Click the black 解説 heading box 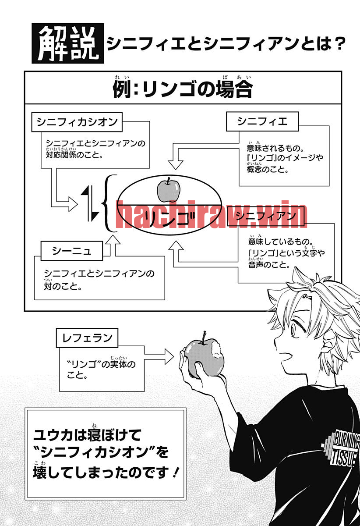click(68, 43)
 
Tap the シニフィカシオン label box click(77, 122)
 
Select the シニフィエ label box click(262, 121)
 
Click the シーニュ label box click(71, 251)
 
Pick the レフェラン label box click(87, 338)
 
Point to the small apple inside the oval click(169, 190)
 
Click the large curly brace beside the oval click(109, 203)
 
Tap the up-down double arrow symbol click(90, 203)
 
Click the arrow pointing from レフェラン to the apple click(159, 357)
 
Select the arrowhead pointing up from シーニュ click(113, 240)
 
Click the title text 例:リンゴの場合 click(183, 89)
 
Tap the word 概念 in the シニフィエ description click(254, 169)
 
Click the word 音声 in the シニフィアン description click(256, 265)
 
